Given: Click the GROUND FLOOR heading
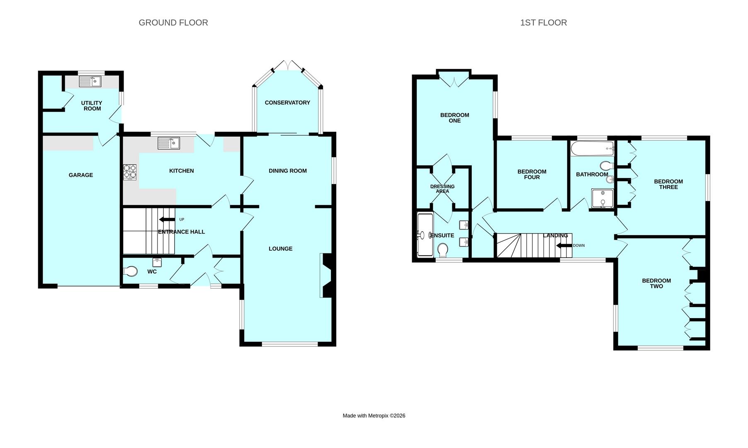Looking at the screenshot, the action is click(173, 23).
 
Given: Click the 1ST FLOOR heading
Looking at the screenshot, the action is click(544, 23).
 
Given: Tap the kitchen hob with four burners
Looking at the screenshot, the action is click(130, 172).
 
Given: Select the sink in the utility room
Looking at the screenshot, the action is click(90, 81).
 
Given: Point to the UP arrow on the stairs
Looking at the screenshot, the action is click(167, 219).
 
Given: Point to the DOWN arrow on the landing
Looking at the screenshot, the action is click(564, 246).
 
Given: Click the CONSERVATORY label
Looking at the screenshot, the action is click(287, 102).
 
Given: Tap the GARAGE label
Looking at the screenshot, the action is click(81, 175).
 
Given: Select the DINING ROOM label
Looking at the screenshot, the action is click(288, 170).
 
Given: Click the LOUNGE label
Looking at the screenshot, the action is click(281, 248).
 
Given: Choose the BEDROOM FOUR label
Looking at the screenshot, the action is click(532, 174).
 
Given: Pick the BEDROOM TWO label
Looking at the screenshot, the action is click(656, 283).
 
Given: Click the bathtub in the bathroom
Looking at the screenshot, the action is click(593, 148).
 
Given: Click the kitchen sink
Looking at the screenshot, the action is click(169, 143).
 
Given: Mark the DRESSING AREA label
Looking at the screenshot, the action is click(442, 189).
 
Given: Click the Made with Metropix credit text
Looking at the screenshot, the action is click(374, 416).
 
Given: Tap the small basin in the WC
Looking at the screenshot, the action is click(157, 262).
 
